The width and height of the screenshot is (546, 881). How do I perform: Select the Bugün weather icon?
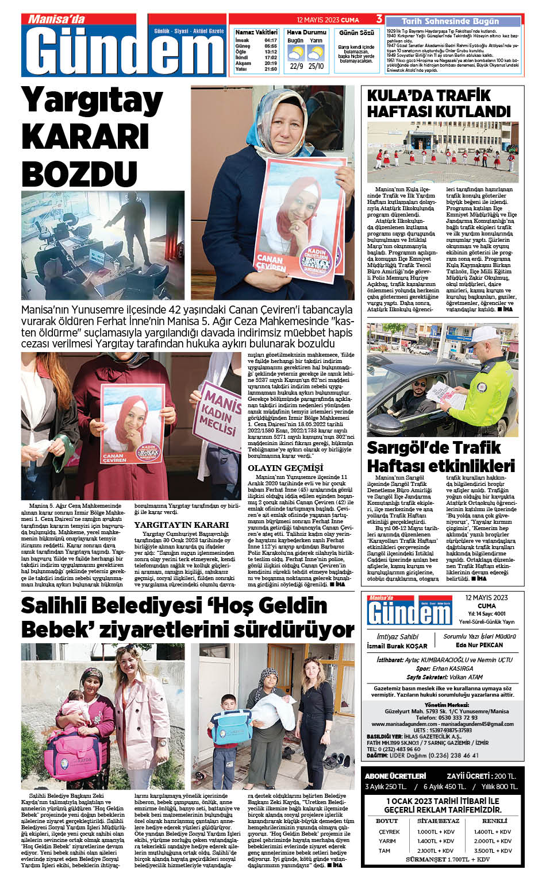tap(296, 54)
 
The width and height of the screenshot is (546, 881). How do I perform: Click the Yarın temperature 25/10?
tap(316, 66)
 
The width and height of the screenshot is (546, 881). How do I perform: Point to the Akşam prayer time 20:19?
tap(271, 63)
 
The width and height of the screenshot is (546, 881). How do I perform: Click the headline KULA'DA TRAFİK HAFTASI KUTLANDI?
tap(439, 103)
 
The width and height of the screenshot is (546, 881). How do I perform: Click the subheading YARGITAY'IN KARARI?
tap(181, 525)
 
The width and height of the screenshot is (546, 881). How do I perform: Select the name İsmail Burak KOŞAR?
tap(397, 646)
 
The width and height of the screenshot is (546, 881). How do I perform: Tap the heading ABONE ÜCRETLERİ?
tap(395, 776)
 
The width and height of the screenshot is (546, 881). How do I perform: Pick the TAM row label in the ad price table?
tap(384, 851)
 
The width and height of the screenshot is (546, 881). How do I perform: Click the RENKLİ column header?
tap(494, 821)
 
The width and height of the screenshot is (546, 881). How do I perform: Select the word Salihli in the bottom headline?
tap(60, 606)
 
